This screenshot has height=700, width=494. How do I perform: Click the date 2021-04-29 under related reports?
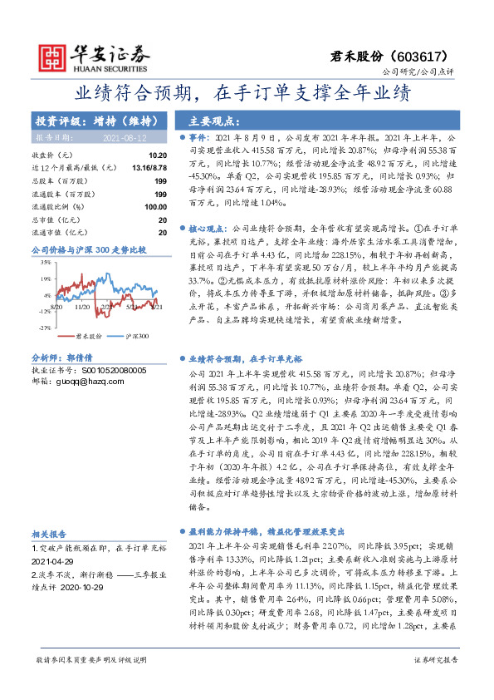tap(55, 560)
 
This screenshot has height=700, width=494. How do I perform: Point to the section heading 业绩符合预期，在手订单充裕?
tap(244, 358)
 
